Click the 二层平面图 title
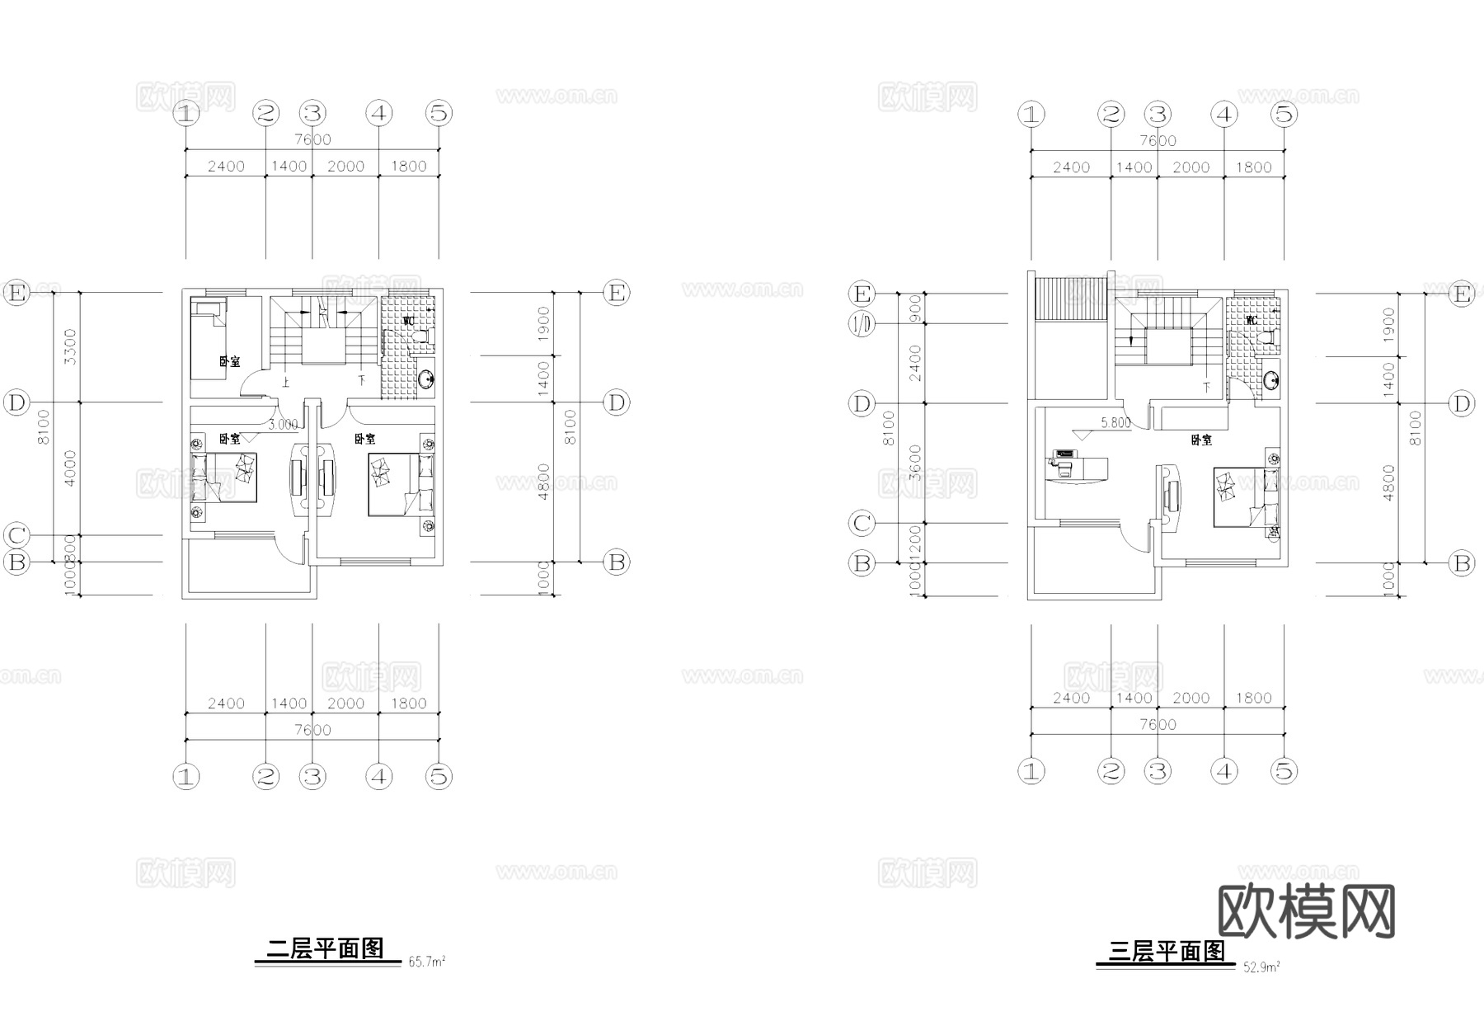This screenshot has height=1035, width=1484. tap(326, 949)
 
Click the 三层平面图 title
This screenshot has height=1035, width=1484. tap(1167, 953)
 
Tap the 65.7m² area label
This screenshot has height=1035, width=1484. tap(427, 962)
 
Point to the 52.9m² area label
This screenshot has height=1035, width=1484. tap(1261, 967)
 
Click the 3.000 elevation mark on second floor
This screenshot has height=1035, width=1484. tap(283, 425)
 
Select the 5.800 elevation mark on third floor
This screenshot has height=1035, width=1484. tap(1115, 423)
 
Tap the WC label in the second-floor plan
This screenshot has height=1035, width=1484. tap(408, 320)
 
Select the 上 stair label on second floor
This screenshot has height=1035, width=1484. tap(286, 383)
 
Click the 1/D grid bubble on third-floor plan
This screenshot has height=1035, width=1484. tap(862, 324)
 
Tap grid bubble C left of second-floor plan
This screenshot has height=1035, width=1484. tap(16, 535)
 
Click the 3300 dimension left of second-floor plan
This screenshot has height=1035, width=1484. tap(70, 346)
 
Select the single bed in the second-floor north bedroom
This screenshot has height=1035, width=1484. tap(209, 340)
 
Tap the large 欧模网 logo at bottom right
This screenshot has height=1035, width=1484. tap(1306, 912)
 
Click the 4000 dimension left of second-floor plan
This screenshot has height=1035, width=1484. tap(70, 468)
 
